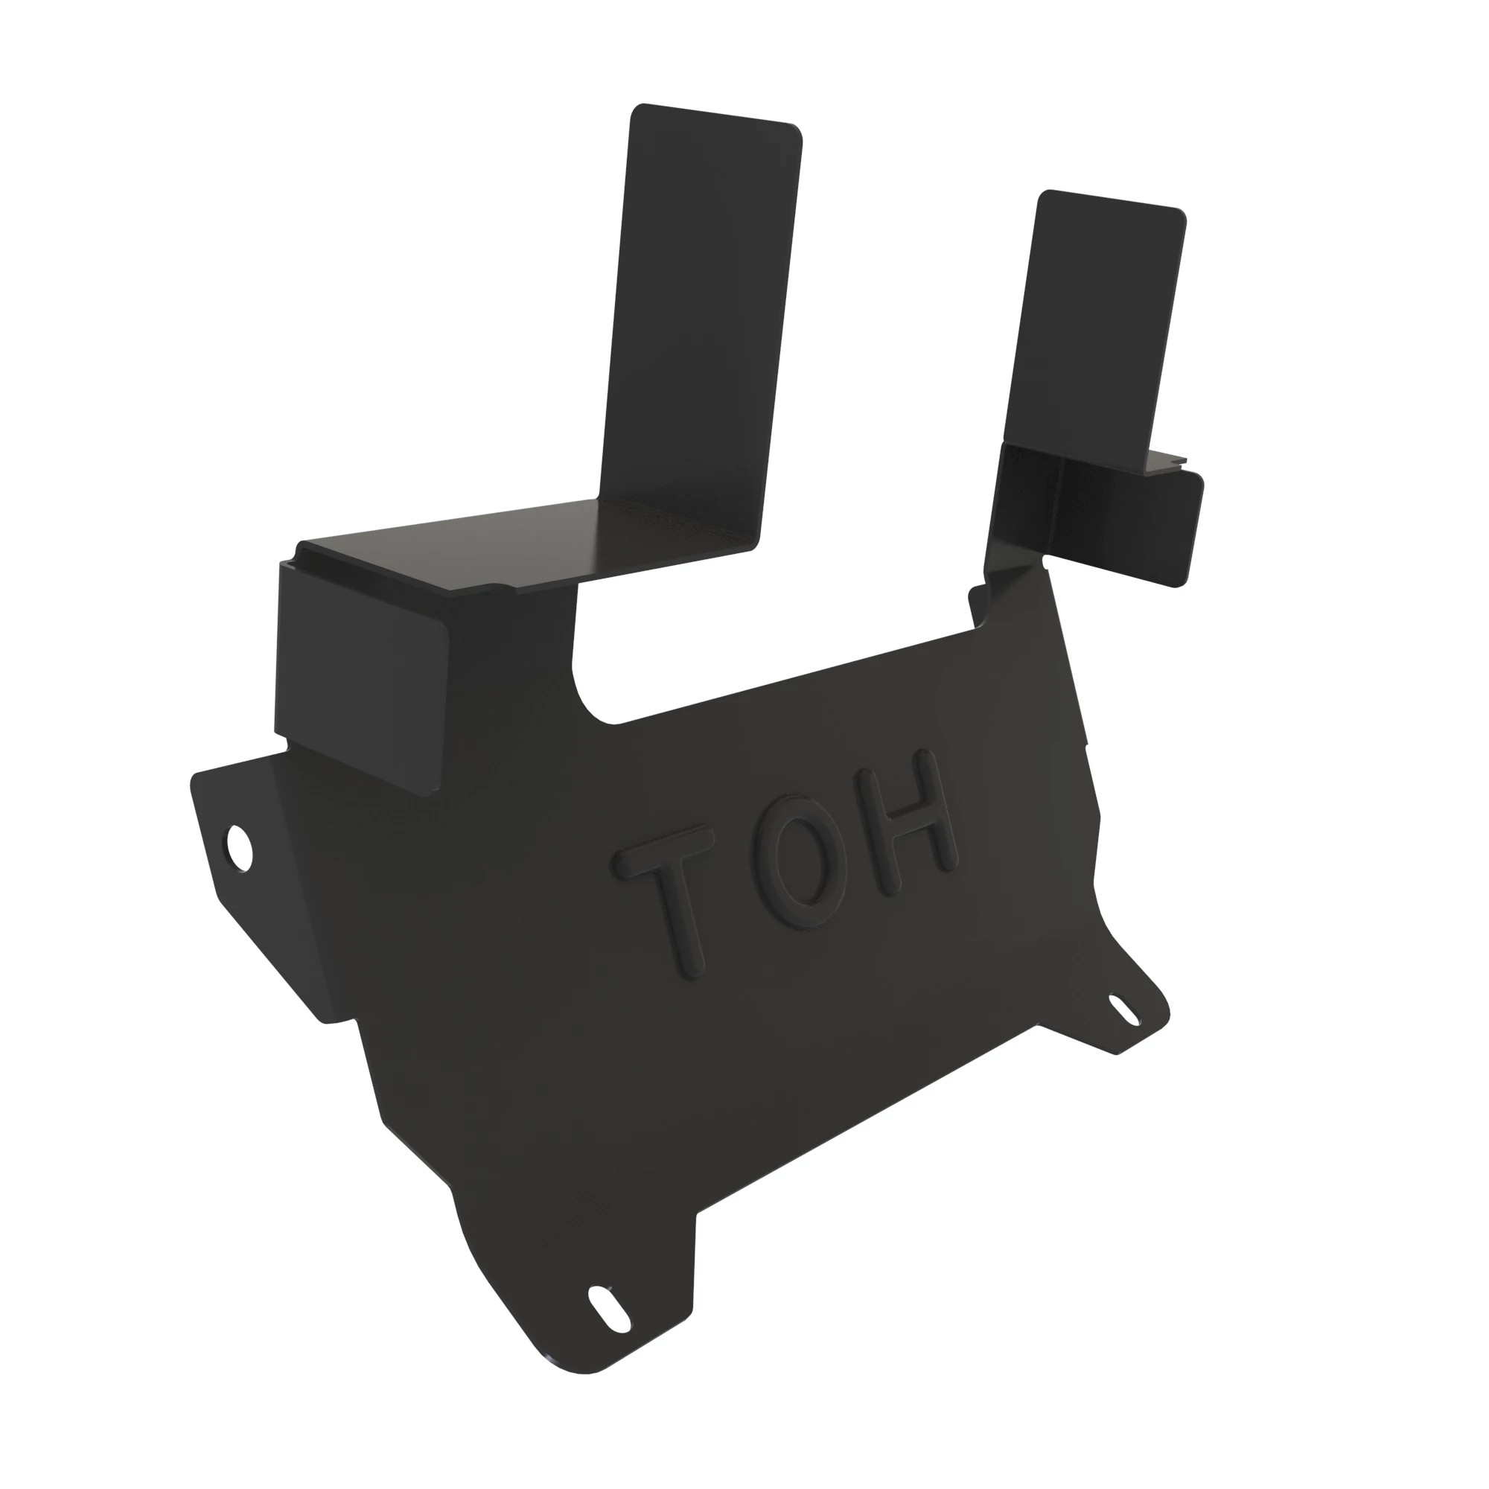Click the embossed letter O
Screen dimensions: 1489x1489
(800, 871)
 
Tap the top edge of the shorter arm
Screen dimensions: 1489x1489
(1110, 199)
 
